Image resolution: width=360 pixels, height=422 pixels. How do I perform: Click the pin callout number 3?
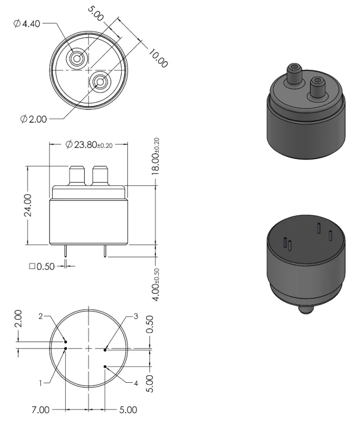(136, 316)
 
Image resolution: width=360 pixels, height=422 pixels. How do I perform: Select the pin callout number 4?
(136, 383)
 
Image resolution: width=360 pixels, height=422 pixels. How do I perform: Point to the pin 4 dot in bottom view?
(105, 367)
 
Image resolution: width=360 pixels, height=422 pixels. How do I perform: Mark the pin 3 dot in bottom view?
(105, 349)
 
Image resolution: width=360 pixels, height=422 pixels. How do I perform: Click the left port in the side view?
(77, 176)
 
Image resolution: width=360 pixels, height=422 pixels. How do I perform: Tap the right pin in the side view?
(105, 251)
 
